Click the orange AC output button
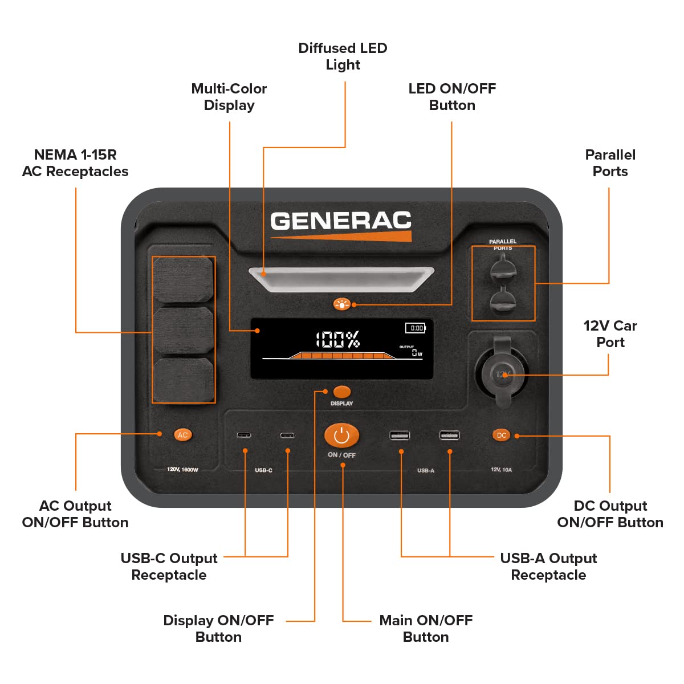[182, 435]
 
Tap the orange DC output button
[501, 435]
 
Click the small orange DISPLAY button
[341, 392]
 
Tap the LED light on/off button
[341, 304]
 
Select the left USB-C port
[244, 435]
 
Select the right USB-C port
[287, 435]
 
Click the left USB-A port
[400, 435]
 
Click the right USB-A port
[449, 435]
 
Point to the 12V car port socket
[502, 374]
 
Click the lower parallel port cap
[502, 301]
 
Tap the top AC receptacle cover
[184, 279]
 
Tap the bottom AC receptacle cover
[184, 379]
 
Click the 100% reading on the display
[338, 340]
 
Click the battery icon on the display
[416, 328]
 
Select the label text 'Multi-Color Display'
[229, 97]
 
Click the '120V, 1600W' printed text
[182, 470]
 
